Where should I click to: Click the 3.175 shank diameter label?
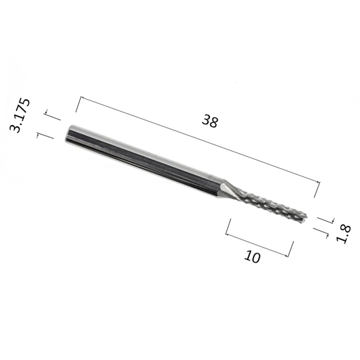[19, 115]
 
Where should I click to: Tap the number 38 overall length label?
[210, 121]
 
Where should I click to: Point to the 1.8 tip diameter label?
[343, 234]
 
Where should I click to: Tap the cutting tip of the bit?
[305, 219]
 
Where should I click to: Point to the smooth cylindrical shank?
[142, 161]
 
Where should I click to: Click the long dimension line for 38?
[200, 140]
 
